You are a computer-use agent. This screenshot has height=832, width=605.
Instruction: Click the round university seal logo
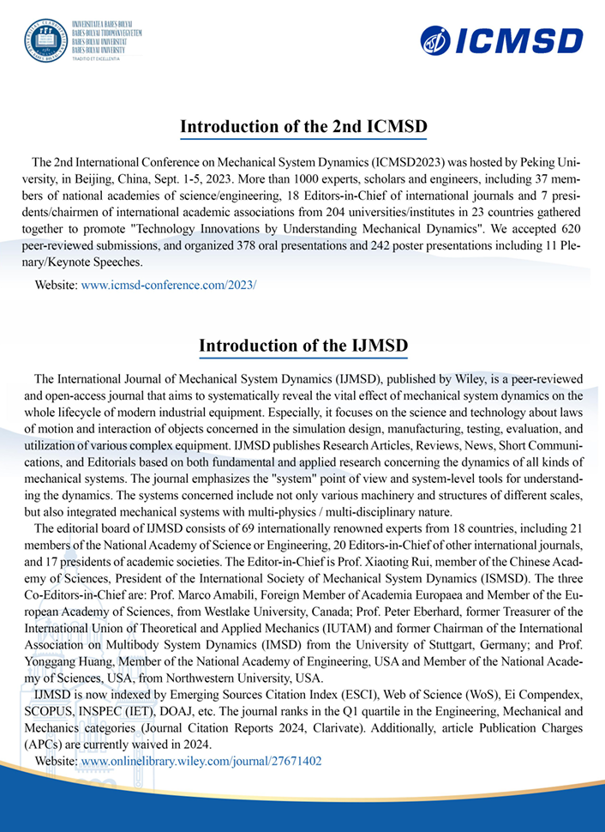click(x=44, y=39)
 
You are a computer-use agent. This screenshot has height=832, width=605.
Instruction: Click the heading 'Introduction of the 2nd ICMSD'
click(x=302, y=128)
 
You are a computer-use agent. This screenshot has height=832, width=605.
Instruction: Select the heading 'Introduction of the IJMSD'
click(x=302, y=346)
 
